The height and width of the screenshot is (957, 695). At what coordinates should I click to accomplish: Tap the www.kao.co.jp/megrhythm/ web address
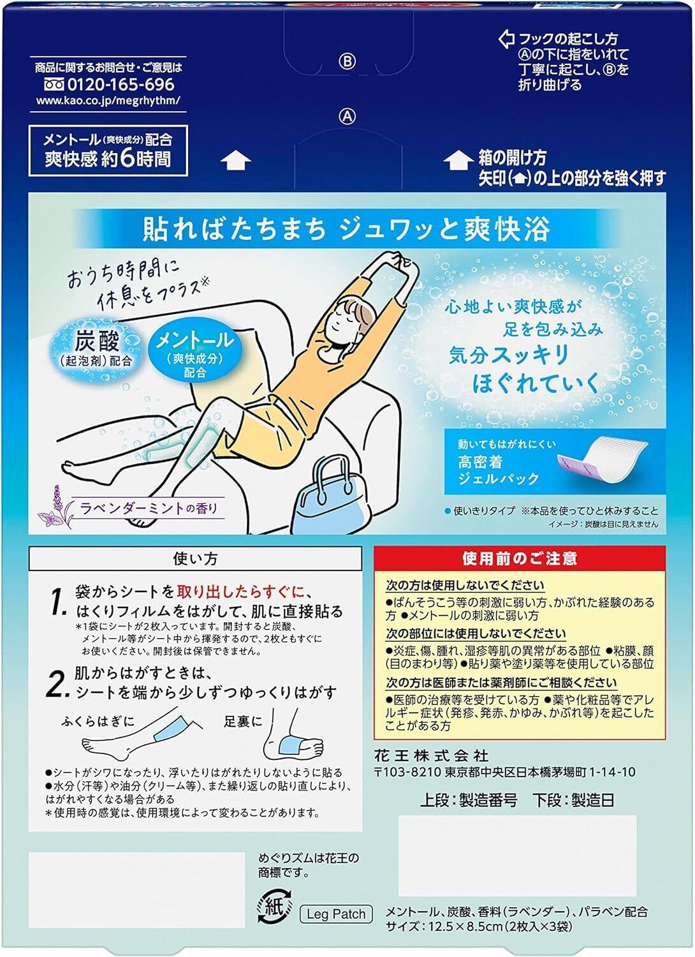pyautogui.click(x=108, y=101)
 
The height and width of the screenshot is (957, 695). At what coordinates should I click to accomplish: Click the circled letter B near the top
pyautogui.click(x=347, y=62)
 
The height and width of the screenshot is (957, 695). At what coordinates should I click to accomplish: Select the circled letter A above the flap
pyautogui.click(x=347, y=116)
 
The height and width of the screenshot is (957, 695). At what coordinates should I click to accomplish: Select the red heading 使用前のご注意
pyautogui.click(x=520, y=558)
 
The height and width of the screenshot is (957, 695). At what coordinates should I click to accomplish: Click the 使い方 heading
pyautogui.click(x=195, y=559)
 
